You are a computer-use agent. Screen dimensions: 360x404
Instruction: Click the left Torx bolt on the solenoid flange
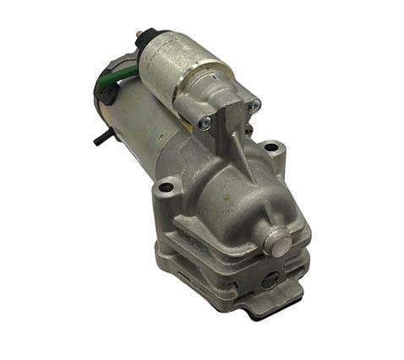pos(203,123)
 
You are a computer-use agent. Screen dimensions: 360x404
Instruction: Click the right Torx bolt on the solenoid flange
pos(254,105)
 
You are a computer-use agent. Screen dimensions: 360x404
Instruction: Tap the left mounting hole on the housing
pos(167,187)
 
